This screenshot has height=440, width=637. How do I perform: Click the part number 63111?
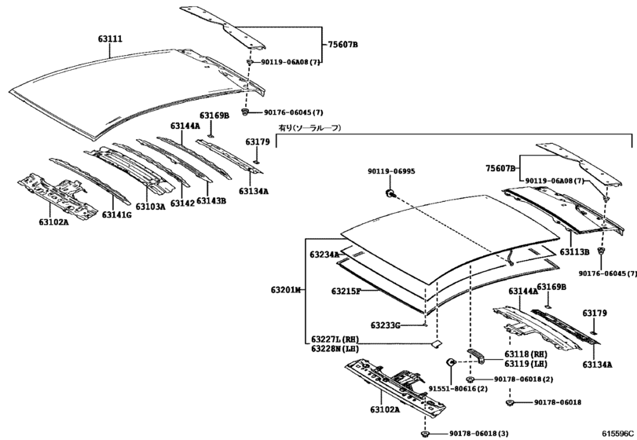(x=109, y=38)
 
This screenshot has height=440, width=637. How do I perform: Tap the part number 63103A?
(x=151, y=207)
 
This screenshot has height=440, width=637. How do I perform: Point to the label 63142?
(x=182, y=203)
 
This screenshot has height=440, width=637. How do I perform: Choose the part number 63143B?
(x=211, y=200)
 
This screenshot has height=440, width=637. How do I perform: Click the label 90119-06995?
(x=391, y=171)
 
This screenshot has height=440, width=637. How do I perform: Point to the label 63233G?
(x=386, y=324)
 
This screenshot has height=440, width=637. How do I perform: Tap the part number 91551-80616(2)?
(x=458, y=389)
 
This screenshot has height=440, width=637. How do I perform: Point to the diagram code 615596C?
(x=617, y=433)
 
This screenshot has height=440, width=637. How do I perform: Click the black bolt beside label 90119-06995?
(x=390, y=192)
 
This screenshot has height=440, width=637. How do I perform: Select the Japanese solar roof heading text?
(x=309, y=127)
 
